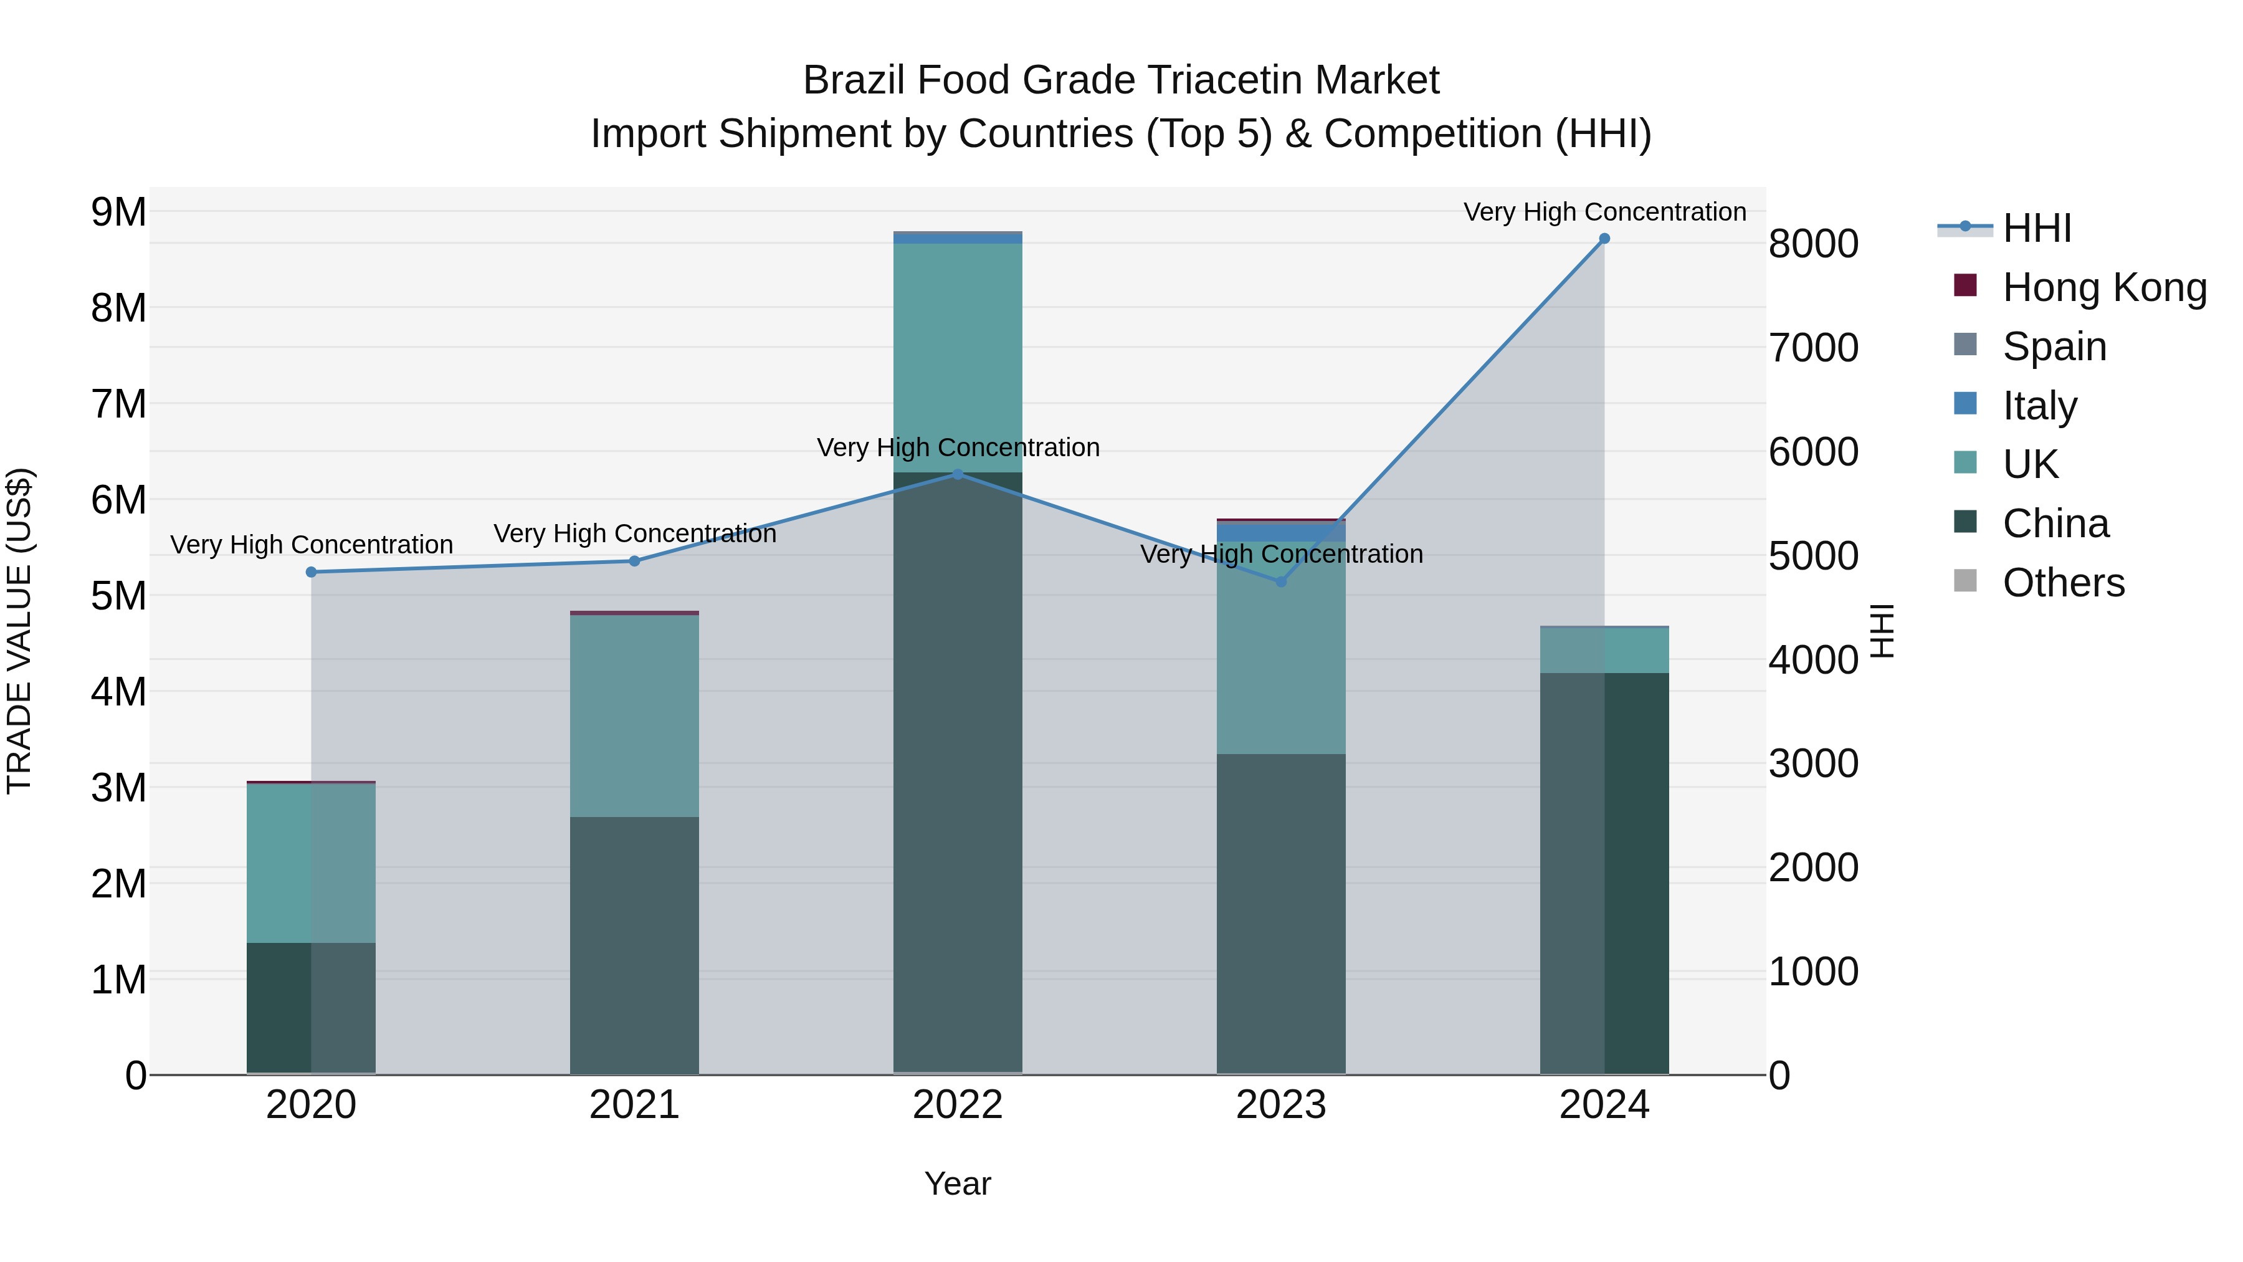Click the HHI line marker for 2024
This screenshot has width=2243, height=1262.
[x=1604, y=239]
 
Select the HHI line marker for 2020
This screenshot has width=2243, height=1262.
[x=311, y=572]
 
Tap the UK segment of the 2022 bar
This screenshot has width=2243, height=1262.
[x=958, y=357]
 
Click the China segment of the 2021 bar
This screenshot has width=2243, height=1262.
[x=634, y=945]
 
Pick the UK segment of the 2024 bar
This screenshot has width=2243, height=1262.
[x=1604, y=651]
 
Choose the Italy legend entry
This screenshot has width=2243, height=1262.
[x=2039, y=406]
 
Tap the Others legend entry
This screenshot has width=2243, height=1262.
[x=2063, y=583]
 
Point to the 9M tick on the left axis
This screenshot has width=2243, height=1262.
[x=119, y=212]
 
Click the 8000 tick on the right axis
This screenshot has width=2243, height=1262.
[x=1813, y=244]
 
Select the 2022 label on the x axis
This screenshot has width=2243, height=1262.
[x=958, y=1105]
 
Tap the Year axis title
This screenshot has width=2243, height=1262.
[x=958, y=1183]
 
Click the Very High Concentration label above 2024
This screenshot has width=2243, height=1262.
[x=1604, y=212]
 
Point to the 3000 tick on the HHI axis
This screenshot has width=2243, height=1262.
[x=1813, y=764]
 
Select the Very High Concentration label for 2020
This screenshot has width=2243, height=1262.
[x=311, y=544]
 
